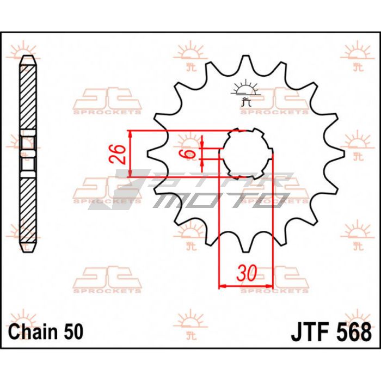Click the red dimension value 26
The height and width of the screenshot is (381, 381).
tap(118, 154)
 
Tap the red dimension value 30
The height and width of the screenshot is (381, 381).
tap(247, 273)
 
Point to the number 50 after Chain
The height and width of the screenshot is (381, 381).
tap(73, 332)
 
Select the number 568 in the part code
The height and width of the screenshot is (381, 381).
tap(354, 332)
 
